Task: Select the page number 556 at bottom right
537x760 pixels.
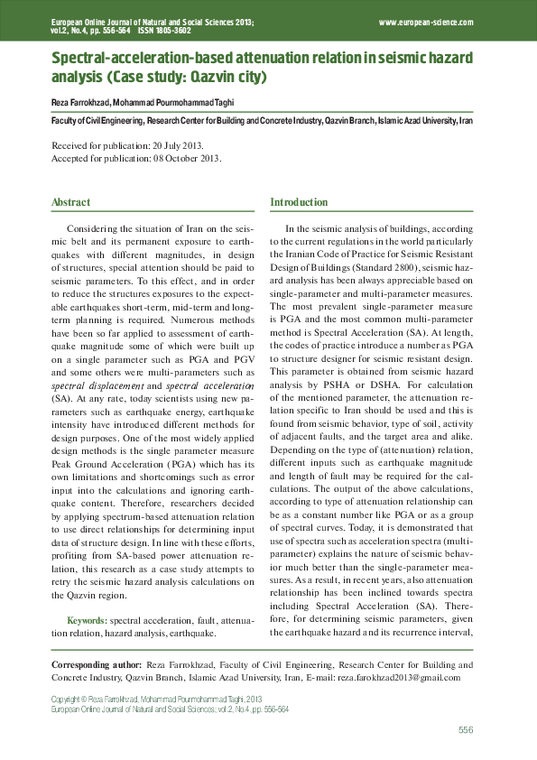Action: [x=466, y=729]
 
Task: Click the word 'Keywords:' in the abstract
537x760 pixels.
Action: [x=88, y=622]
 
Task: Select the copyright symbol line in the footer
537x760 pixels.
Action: [x=155, y=699]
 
